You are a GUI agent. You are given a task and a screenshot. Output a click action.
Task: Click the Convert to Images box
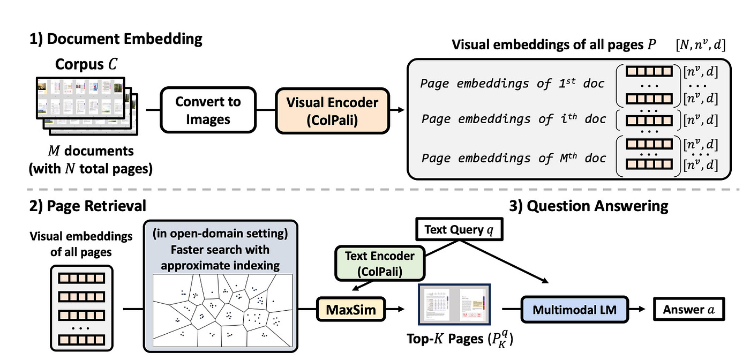click(x=208, y=111)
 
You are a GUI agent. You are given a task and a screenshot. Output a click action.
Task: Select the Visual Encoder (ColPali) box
click(x=332, y=111)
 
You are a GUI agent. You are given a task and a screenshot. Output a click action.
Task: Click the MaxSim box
click(x=351, y=310)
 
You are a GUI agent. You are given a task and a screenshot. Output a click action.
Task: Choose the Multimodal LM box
click(x=575, y=310)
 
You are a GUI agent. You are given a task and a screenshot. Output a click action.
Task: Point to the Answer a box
click(x=688, y=310)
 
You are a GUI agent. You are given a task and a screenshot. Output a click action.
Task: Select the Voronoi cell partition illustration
click(x=223, y=310)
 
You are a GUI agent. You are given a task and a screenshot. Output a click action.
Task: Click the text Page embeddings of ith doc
click(x=513, y=118)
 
